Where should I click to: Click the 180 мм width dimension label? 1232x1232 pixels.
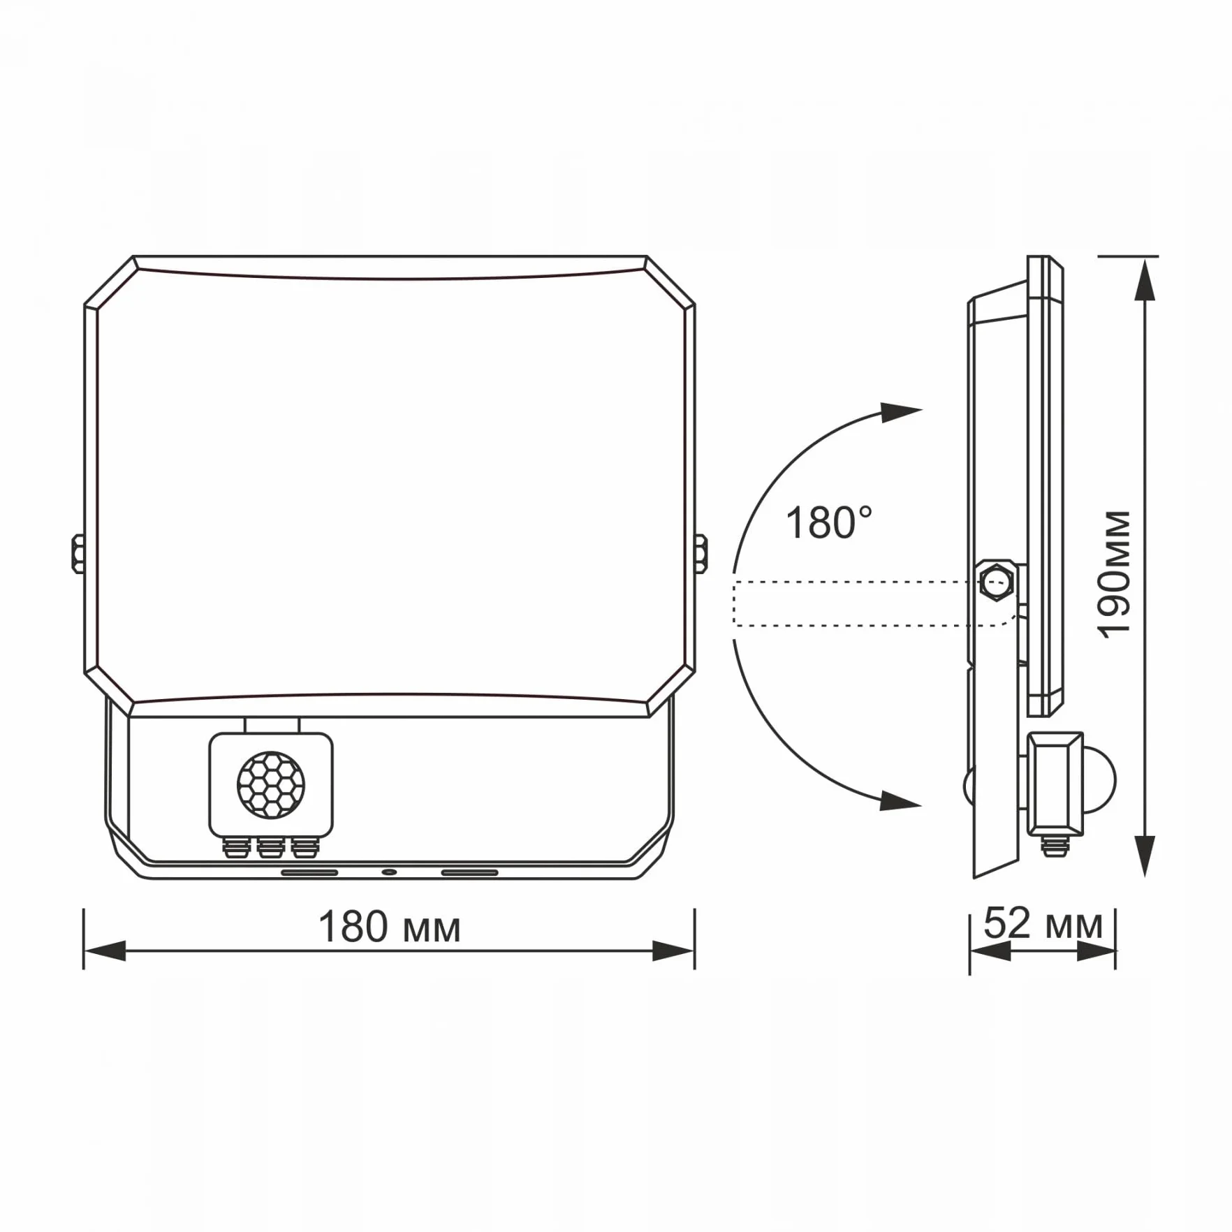(389, 927)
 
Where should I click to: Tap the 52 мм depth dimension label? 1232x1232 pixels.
(1043, 923)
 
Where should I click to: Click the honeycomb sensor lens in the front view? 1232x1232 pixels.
(271, 785)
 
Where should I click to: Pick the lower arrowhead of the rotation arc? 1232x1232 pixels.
(900, 800)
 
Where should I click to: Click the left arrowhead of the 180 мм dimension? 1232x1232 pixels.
(105, 951)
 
